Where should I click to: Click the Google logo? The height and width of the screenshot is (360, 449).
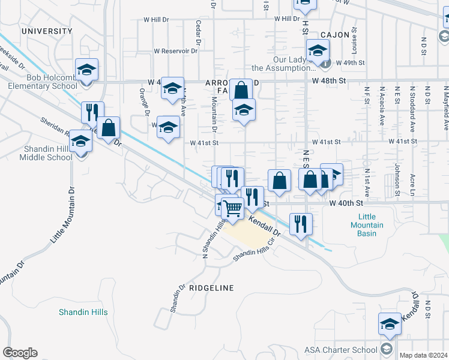20,353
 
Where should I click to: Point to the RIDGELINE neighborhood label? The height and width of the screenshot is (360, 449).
211,288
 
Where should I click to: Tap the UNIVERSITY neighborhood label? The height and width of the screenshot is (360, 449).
46,31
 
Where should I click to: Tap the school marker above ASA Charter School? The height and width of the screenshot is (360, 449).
390,323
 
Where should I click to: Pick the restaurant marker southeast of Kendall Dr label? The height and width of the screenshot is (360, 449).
301,224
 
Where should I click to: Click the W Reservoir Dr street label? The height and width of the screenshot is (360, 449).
175,51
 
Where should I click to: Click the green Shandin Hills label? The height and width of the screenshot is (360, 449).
83,312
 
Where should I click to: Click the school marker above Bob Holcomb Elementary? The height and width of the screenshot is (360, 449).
86,70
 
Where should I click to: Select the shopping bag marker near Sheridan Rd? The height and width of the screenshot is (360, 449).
108,128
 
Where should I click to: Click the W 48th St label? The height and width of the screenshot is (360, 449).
329,80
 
